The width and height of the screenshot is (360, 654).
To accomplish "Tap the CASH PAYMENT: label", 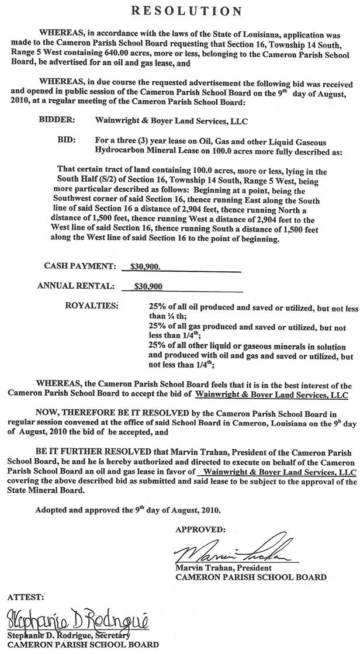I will [x=80, y=266].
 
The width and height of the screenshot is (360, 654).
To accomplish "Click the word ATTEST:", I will [x=23, y=597].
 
